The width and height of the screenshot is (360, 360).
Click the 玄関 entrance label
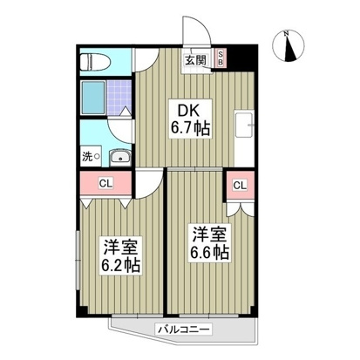[195, 60]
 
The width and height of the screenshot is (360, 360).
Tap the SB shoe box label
[221, 59]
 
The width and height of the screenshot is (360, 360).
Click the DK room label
[190, 111]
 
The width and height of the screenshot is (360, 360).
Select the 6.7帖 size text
[190, 129]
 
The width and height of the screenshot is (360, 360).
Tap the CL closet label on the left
[104, 183]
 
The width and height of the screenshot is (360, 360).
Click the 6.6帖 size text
[208, 253]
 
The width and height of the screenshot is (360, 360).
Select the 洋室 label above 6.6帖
[208, 234]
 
